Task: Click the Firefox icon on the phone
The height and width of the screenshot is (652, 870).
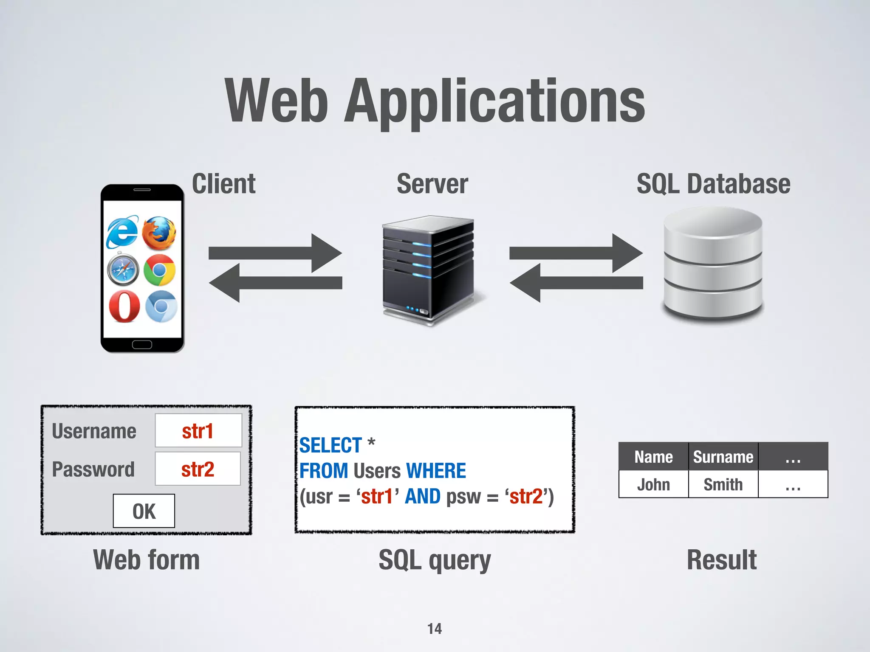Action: click(159, 233)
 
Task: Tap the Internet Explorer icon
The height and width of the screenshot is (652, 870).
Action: click(122, 232)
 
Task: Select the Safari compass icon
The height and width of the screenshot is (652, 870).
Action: click(123, 269)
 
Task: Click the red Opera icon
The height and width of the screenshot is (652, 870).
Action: click(124, 306)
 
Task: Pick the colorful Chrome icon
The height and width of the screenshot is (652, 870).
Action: click(160, 270)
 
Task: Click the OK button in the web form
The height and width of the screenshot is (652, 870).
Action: click(144, 511)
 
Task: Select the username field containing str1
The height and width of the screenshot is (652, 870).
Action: click(198, 431)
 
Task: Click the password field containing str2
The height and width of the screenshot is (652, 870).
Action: click(198, 469)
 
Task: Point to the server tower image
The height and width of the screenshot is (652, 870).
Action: click(428, 270)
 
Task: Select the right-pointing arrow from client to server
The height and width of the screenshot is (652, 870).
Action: click(275, 253)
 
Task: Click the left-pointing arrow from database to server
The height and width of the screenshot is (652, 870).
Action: click(576, 283)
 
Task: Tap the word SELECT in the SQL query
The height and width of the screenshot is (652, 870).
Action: click(330, 445)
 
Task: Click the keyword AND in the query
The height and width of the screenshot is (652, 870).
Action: click(423, 496)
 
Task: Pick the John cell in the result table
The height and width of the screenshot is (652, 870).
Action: click(653, 484)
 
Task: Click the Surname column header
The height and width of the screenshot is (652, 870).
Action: click(723, 457)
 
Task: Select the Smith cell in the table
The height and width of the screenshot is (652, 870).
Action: click(723, 484)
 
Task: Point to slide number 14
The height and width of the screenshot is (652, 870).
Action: click(435, 628)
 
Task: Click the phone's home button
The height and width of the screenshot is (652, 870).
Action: click(142, 344)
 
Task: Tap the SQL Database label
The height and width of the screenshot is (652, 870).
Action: click(713, 184)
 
